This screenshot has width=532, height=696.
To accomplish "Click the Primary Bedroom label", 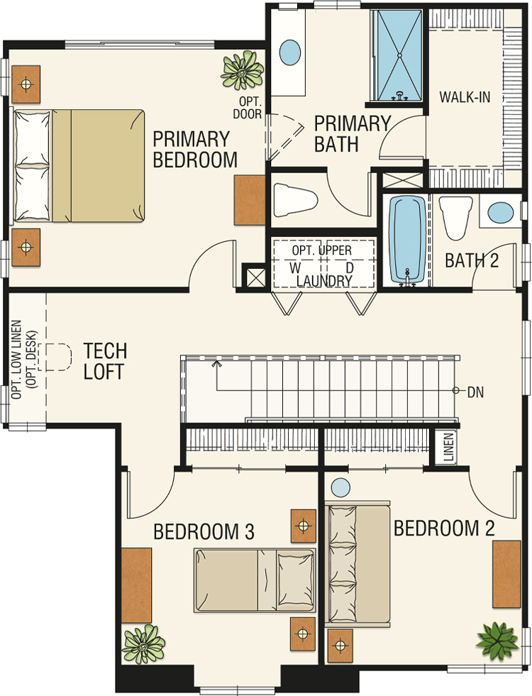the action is [195, 150].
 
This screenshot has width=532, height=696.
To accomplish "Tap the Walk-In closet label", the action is [465, 96].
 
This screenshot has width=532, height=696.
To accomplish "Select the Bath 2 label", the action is [472, 260].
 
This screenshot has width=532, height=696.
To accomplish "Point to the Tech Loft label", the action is [105, 361].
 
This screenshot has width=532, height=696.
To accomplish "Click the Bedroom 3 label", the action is [204, 531].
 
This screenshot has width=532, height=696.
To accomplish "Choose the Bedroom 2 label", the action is [444, 529].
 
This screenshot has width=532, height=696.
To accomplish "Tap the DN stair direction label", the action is [475, 392].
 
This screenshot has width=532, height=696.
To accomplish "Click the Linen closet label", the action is [448, 446].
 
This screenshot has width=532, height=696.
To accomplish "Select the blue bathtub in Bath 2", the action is [407, 240].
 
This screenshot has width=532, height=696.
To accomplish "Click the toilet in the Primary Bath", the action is [295, 199].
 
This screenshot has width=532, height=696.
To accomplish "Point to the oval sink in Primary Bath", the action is [290, 53].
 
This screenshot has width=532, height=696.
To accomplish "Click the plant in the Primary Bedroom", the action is [243, 70].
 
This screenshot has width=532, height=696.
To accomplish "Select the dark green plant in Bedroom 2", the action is [497, 641].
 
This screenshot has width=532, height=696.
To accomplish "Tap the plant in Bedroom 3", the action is [143, 643].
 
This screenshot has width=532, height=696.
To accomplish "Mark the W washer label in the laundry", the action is [295, 267].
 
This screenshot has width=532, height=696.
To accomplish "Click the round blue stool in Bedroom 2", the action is [340, 487].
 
